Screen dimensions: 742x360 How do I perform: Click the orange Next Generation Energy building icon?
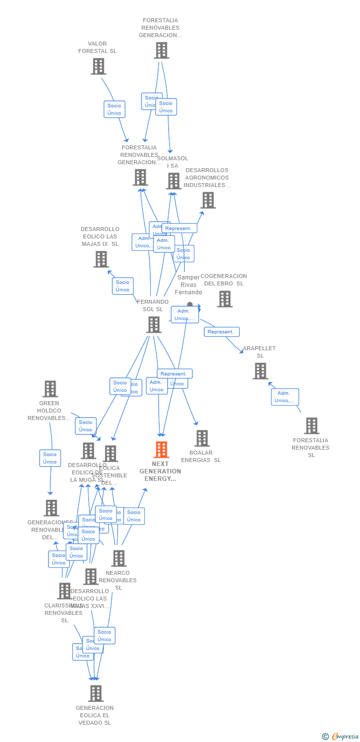(x=161, y=450)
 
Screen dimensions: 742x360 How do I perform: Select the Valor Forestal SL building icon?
(x=98, y=66)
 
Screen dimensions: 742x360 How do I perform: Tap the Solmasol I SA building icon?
(x=174, y=181)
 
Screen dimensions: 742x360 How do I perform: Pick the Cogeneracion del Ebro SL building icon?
(x=225, y=299)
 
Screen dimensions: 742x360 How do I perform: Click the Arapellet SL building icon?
(x=260, y=371)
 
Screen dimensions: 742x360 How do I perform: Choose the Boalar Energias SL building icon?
(x=202, y=438)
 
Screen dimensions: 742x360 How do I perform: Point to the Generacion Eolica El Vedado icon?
(x=96, y=694)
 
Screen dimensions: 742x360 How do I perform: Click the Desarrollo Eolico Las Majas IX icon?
(x=101, y=259)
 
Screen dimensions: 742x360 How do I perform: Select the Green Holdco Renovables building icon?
(x=50, y=389)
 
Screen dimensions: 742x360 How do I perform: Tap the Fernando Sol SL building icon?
(x=154, y=325)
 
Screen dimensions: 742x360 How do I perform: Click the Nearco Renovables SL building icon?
(x=119, y=558)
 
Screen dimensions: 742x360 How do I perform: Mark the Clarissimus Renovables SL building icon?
(x=64, y=591)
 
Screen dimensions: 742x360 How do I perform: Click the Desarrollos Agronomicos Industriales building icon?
(x=208, y=200)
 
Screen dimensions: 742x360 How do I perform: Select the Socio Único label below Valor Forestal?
(x=114, y=109)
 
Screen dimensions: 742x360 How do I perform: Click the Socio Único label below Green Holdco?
(x=50, y=458)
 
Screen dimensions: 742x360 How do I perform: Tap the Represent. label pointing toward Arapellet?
(x=222, y=332)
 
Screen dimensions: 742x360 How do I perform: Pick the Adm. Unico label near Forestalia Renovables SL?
(x=285, y=397)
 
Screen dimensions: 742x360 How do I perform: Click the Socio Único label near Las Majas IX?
(x=123, y=286)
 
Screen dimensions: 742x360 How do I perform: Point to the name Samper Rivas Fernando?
(x=188, y=285)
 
